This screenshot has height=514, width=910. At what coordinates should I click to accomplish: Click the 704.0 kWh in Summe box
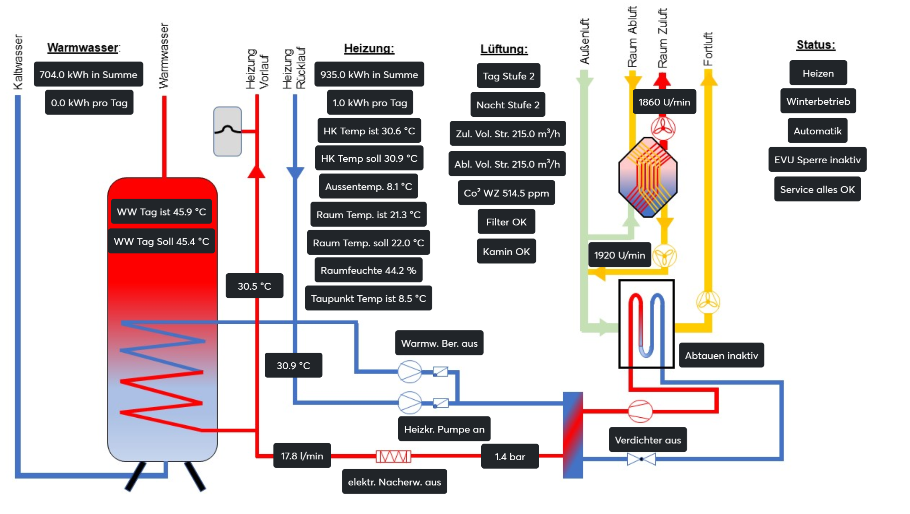(x=88, y=74)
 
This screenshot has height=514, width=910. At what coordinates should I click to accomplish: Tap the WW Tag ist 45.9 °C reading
(x=161, y=211)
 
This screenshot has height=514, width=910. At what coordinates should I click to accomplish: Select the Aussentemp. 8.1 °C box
(x=368, y=186)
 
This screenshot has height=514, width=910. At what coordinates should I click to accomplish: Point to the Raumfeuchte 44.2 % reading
(x=368, y=270)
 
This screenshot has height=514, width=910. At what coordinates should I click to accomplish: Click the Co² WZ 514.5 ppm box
(x=506, y=193)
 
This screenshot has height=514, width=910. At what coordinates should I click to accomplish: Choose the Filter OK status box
(x=506, y=221)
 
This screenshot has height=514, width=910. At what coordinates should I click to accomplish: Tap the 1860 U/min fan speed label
(x=664, y=102)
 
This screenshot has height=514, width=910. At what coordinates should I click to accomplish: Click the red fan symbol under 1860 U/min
(x=663, y=128)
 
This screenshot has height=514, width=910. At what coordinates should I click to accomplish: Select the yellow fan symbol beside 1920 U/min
(x=665, y=256)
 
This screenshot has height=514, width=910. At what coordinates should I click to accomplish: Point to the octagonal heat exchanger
(x=648, y=177)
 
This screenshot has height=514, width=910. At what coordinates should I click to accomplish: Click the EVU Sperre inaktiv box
(x=817, y=159)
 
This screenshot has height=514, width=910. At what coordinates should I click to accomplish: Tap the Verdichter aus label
(x=648, y=440)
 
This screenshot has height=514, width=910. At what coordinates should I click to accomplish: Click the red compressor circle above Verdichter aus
(x=640, y=411)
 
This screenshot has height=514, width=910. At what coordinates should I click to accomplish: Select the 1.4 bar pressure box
(x=510, y=456)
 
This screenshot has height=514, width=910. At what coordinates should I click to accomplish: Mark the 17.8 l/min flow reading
(x=302, y=455)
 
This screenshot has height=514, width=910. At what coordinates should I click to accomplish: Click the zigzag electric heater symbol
(x=393, y=456)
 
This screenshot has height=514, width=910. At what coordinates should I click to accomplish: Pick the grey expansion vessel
(x=227, y=131)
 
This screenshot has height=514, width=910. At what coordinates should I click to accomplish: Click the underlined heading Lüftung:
(x=504, y=49)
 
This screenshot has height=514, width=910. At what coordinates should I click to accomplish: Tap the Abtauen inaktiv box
(x=721, y=355)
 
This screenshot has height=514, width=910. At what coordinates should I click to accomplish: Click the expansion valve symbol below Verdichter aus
(x=641, y=459)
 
